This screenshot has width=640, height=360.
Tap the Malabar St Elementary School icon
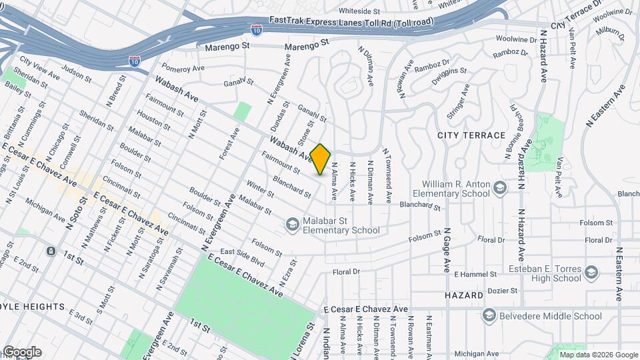[x=291, y=225]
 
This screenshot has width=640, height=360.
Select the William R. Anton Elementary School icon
[x=499, y=189]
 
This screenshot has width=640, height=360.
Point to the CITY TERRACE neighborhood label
[x=471, y=135]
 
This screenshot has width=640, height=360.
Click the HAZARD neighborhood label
[x=464, y=295]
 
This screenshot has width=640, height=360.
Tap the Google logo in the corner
[x=21, y=352]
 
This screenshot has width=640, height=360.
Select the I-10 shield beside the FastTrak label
[x=257, y=29]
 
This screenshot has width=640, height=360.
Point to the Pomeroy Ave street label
[x=181, y=68]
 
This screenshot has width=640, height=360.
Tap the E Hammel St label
[x=475, y=274]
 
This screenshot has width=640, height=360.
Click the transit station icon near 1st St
[x=51, y=251]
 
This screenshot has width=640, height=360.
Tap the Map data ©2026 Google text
[x=598, y=354]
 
